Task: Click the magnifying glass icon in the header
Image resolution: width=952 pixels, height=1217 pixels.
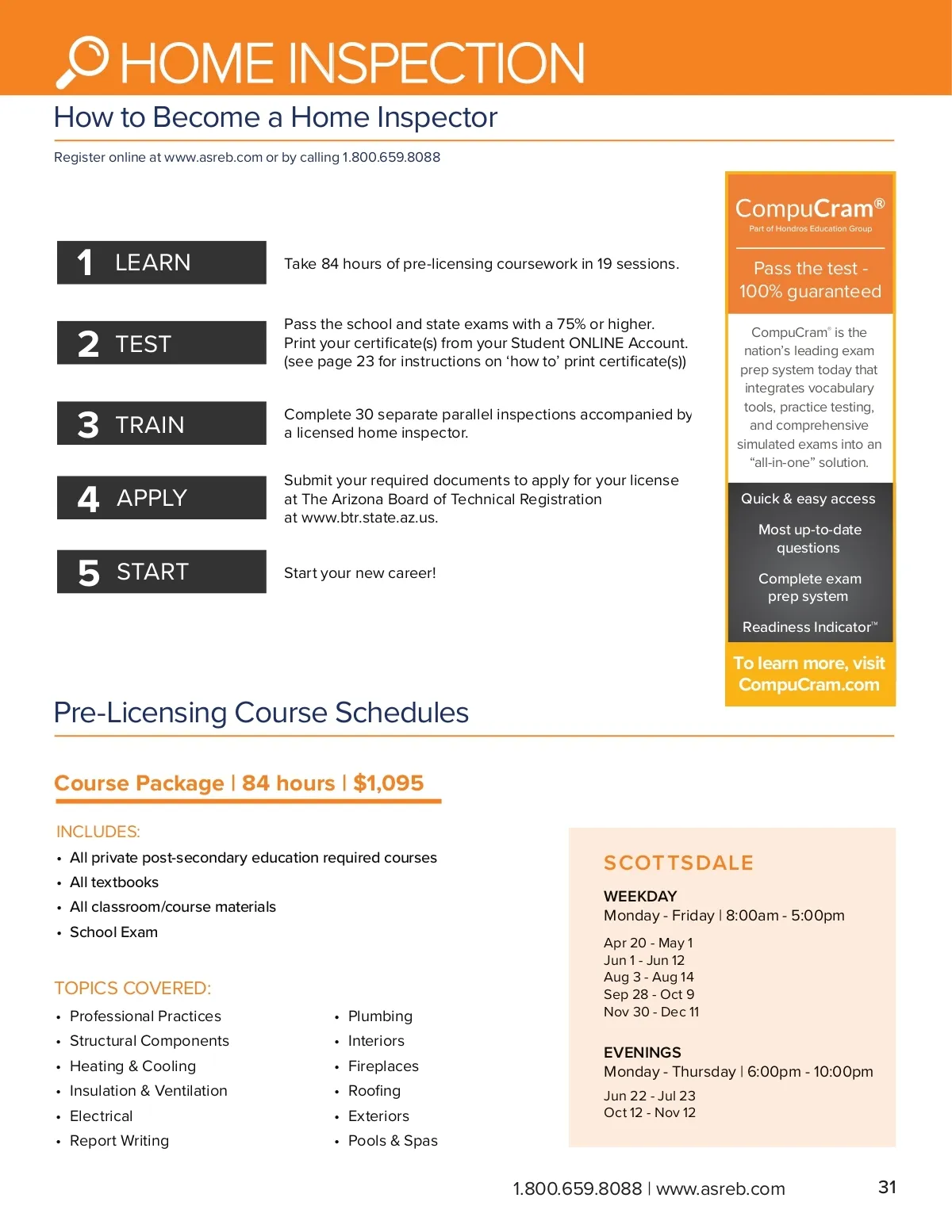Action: coord(83,62)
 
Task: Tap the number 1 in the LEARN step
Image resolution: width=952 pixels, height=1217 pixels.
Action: coord(85,262)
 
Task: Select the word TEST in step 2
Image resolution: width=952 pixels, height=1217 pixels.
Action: coord(144,344)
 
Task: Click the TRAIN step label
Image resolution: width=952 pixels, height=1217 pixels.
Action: coord(150,425)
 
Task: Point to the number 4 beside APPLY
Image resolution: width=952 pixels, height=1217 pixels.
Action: coord(88,499)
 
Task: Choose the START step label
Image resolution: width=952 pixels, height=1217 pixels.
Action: coord(152,572)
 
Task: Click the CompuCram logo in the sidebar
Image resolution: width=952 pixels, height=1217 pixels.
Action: coord(809,209)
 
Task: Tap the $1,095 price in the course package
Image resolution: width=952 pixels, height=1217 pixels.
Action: coord(388,783)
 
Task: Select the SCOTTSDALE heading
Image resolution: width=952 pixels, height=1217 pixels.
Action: coord(678,863)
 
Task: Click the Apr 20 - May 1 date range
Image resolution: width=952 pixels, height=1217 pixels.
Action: coord(648,943)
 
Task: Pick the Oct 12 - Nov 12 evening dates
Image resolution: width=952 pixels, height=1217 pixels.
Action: coord(650,1112)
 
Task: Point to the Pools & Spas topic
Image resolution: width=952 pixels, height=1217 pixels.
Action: coord(393,1140)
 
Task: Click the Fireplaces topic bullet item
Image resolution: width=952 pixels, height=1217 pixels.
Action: coord(383,1066)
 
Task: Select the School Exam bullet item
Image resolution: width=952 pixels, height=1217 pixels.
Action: coord(113,932)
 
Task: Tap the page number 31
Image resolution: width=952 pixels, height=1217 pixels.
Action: coord(887,1187)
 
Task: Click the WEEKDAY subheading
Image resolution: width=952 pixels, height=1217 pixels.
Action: coord(640,896)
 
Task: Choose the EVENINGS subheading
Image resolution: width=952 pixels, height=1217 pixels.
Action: coord(643,1052)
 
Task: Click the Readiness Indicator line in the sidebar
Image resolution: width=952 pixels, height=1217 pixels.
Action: coord(809,627)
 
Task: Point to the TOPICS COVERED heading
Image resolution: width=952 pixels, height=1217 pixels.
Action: coord(132,988)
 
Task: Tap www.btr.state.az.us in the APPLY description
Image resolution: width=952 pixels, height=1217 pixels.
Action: coord(369,518)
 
